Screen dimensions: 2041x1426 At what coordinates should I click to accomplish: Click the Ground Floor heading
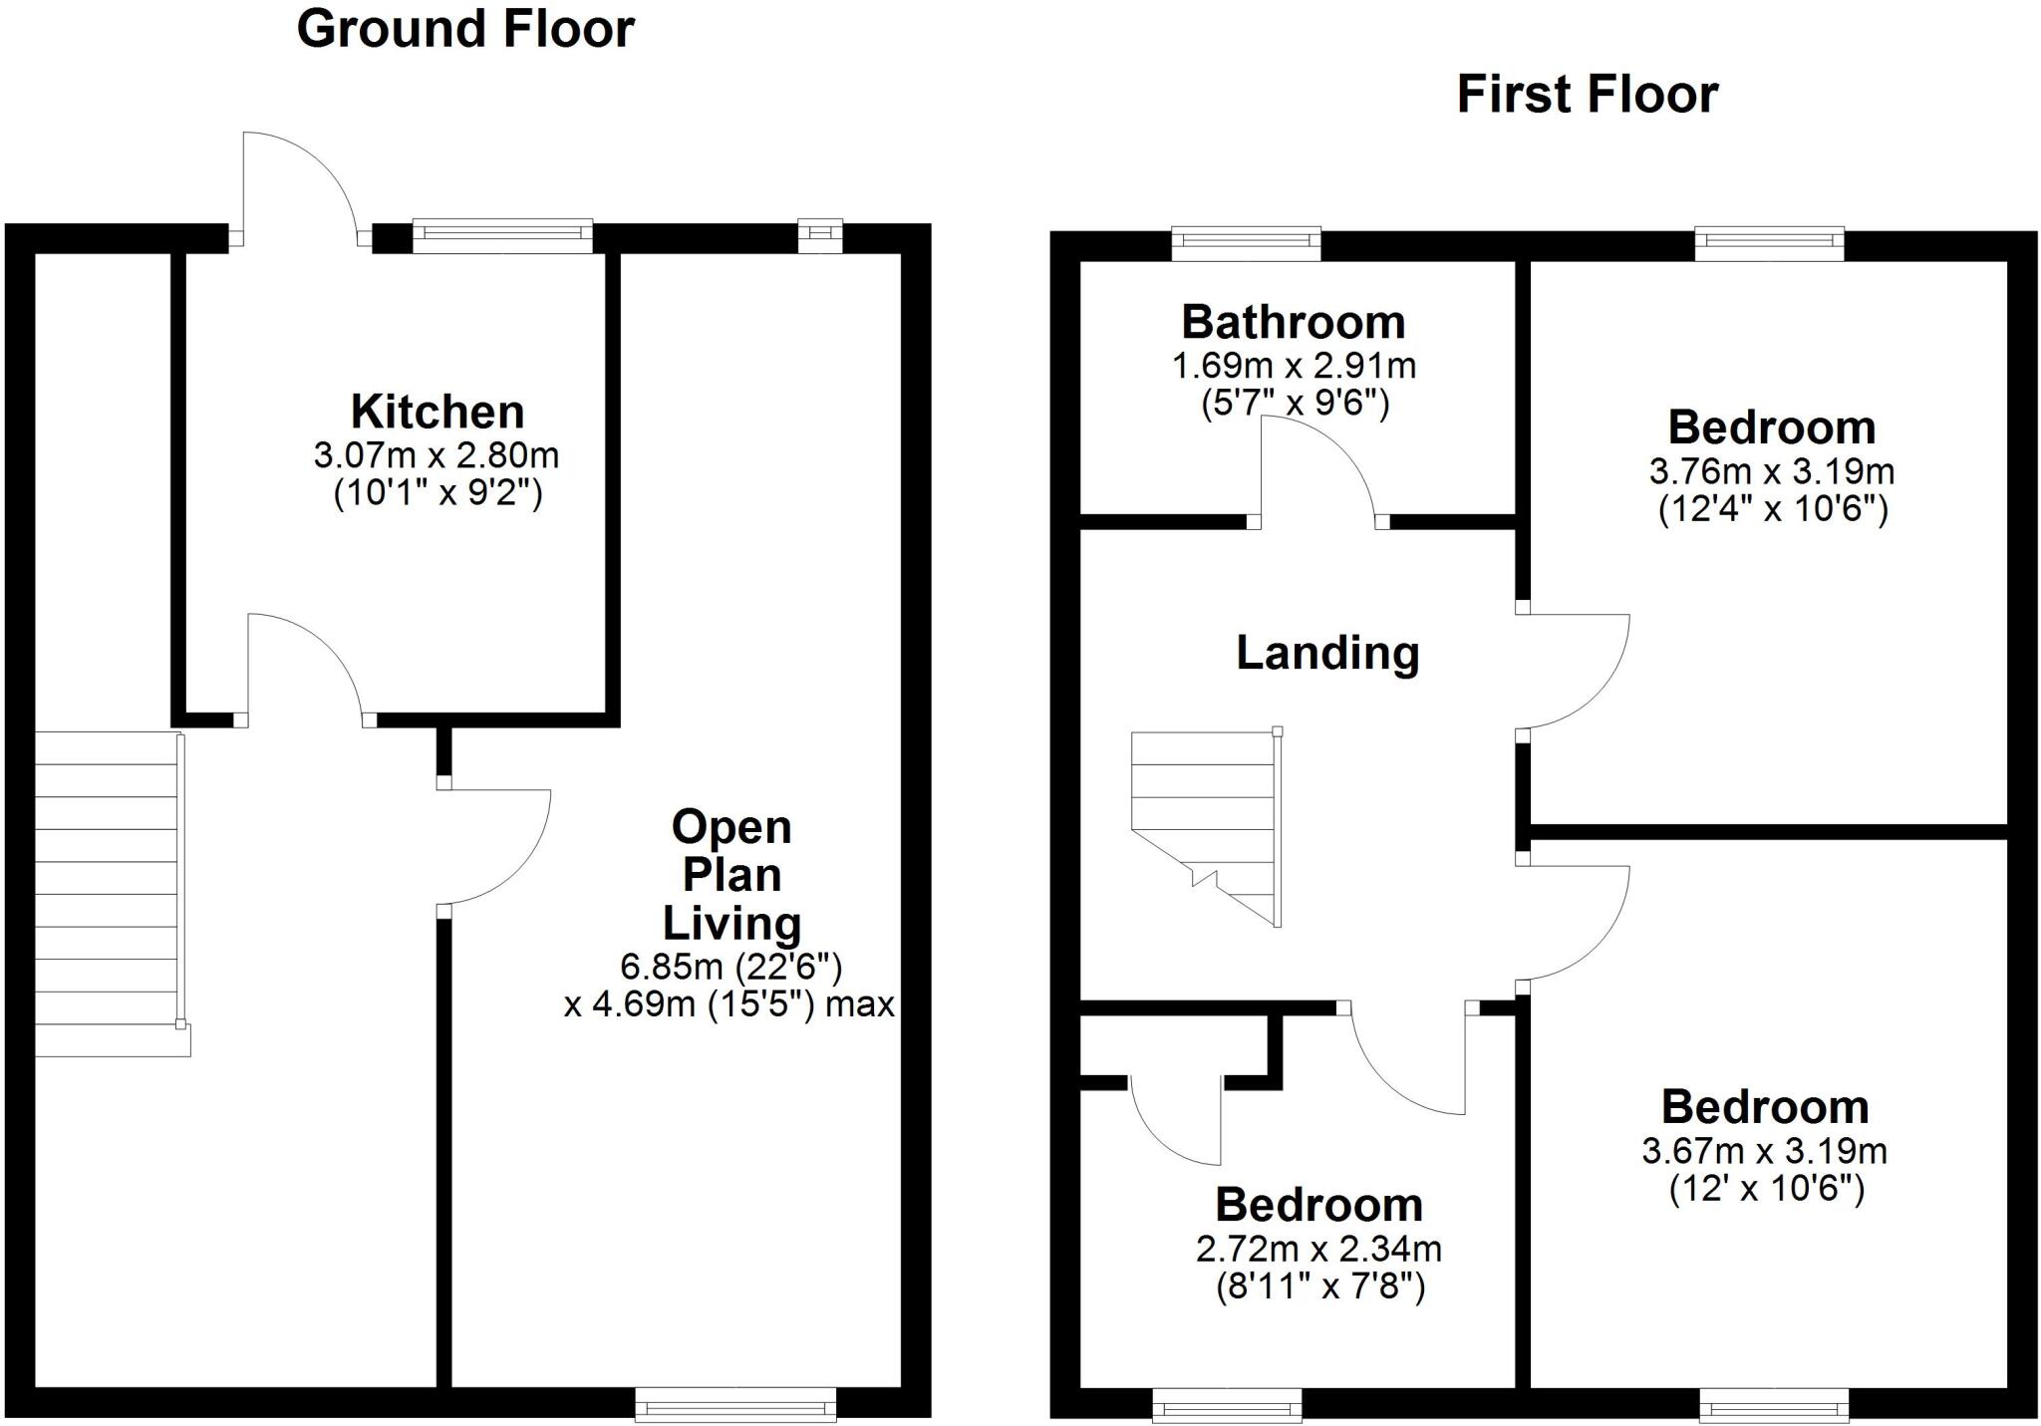[465, 29]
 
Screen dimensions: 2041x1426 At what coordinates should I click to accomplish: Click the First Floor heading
[1587, 95]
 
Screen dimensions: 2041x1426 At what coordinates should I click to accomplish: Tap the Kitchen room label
[437, 412]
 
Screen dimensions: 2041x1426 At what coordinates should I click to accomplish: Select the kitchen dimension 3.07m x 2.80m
[437, 456]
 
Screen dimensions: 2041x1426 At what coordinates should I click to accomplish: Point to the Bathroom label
[1294, 322]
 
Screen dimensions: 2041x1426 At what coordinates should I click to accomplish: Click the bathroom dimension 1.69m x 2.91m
[1294, 366]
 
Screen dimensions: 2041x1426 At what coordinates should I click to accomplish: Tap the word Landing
[1327, 653]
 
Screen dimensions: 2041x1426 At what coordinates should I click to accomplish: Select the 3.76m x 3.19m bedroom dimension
[1771, 470]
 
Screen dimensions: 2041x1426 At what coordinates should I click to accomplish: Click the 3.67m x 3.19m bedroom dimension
[1764, 1151]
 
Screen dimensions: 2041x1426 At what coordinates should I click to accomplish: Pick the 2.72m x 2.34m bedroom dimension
[1318, 1249]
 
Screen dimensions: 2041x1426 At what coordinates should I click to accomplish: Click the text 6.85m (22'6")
[731, 966]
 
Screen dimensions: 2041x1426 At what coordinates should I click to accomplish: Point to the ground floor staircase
[108, 892]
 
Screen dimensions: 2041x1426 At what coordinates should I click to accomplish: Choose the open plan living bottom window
[735, 1406]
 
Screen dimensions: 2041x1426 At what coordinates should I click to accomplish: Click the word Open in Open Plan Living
[731, 827]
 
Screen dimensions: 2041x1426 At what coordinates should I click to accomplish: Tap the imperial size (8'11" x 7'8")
[1320, 1287]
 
